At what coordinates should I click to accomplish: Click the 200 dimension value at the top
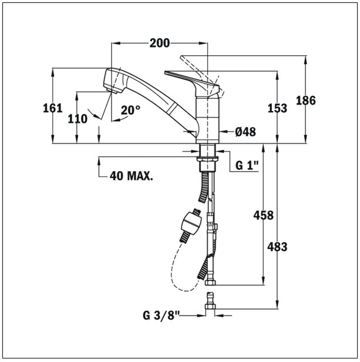159,43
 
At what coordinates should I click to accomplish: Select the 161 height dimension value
53,108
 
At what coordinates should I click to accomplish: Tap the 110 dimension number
77,119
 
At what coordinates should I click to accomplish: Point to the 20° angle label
130,110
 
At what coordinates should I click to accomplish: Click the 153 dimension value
277,108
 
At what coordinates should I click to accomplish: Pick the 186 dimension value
305,100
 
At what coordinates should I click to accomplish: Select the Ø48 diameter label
245,132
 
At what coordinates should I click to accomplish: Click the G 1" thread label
247,166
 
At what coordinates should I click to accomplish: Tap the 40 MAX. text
132,176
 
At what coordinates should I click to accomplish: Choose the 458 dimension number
263,216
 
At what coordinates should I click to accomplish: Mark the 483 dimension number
277,247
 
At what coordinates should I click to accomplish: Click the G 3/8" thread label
162,316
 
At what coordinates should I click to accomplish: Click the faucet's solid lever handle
188,78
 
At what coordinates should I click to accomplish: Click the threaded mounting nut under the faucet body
207,160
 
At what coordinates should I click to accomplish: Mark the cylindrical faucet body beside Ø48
207,118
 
